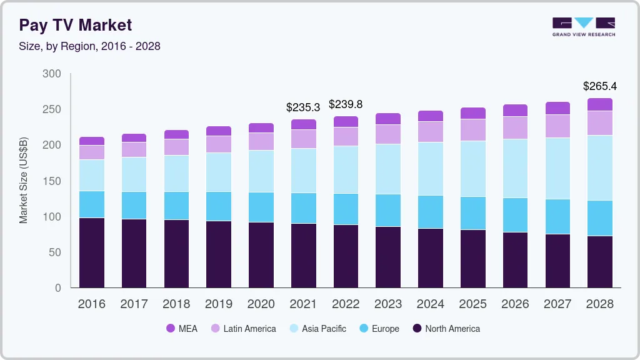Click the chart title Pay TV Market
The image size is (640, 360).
[76, 25]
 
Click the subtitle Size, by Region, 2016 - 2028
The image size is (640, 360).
[89, 46]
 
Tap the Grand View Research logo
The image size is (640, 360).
[583, 26]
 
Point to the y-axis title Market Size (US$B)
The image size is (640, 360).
[24, 181]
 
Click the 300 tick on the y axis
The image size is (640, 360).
[52, 74]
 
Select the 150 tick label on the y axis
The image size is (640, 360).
[52, 181]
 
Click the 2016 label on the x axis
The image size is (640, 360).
[92, 304]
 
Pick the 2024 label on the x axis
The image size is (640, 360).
[431, 304]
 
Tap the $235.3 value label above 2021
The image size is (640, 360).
[303, 107]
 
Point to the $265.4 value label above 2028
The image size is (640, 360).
[600, 86]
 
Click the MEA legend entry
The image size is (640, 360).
[182, 329]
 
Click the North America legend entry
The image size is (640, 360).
[446, 329]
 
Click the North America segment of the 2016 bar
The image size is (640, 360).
[92, 252]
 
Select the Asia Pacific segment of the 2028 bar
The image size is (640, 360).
[600, 167]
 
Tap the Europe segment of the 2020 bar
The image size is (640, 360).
[261, 207]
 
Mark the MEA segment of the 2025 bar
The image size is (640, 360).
[473, 113]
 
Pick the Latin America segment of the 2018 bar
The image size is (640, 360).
[176, 147]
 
